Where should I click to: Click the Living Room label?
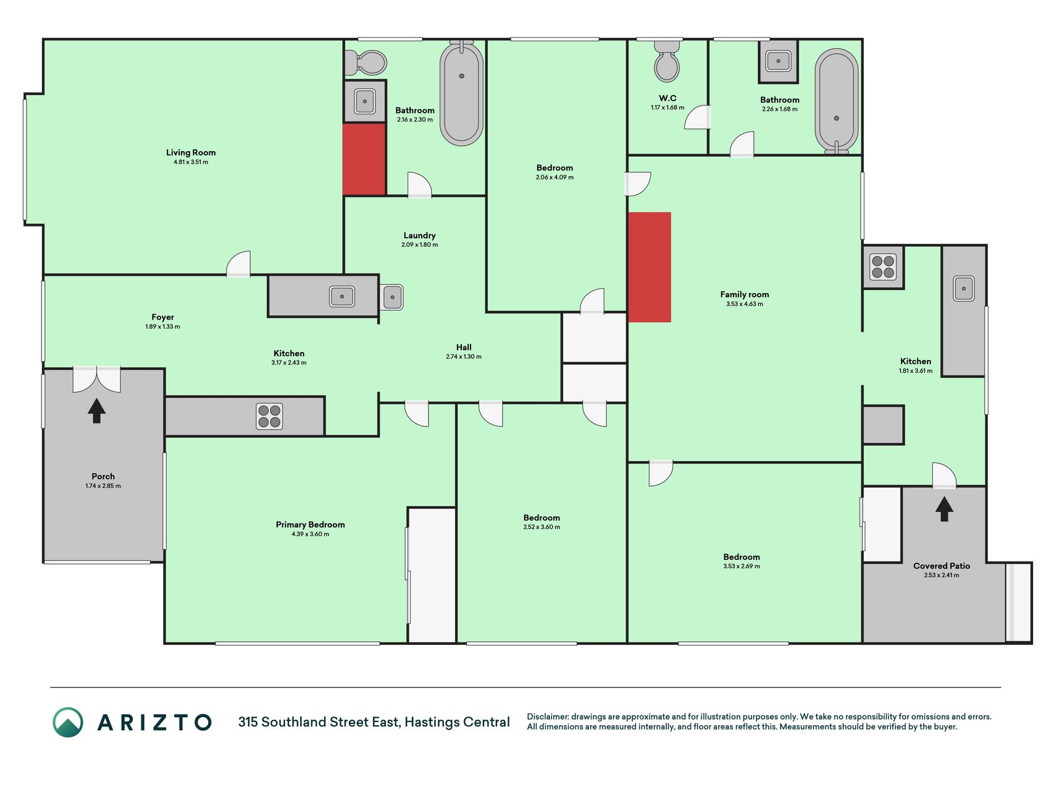tap(191, 152)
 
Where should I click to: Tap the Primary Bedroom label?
tap(310, 525)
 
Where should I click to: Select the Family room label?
tap(744, 294)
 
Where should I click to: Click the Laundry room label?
tap(419, 235)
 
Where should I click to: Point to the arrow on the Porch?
tap(96, 410)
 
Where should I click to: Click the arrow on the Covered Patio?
tap(943, 509)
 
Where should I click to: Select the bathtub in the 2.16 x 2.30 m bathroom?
tap(461, 93)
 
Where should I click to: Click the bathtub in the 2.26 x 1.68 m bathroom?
tap(836, 101)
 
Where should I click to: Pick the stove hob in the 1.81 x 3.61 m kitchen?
tap(883, 267)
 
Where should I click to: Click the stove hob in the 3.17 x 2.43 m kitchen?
tap(269, 416)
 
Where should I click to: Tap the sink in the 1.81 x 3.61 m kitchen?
tap(963, 288)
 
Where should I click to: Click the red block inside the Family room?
tap(650, 267)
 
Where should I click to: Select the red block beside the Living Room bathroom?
tap(364, 159)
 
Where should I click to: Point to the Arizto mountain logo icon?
tap(68, 722)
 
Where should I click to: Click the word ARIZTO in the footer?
tap(155, 722)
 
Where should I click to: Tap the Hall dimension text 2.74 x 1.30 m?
tap(464, 357)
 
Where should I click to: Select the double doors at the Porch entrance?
tap(96, 380)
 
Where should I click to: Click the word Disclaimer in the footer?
tap(547, 717)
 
